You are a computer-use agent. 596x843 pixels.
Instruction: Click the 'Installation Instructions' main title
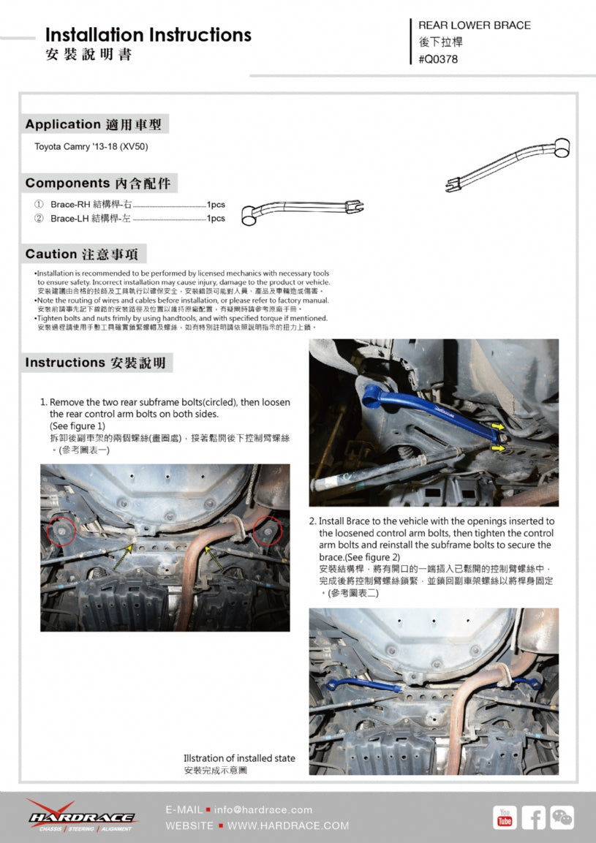point(148,35)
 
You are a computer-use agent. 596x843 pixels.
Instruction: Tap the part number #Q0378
point(438,59)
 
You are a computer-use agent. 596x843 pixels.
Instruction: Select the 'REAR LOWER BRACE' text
point(475,25)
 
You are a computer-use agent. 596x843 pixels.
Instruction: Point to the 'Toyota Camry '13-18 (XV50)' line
point(91,147)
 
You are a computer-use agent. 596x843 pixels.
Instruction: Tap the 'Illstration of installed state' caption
point(239,758)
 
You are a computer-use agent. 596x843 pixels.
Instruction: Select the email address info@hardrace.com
point(263,809)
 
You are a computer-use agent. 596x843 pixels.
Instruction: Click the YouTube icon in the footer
point(505,817)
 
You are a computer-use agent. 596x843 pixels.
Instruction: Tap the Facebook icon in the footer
point(534,817)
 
